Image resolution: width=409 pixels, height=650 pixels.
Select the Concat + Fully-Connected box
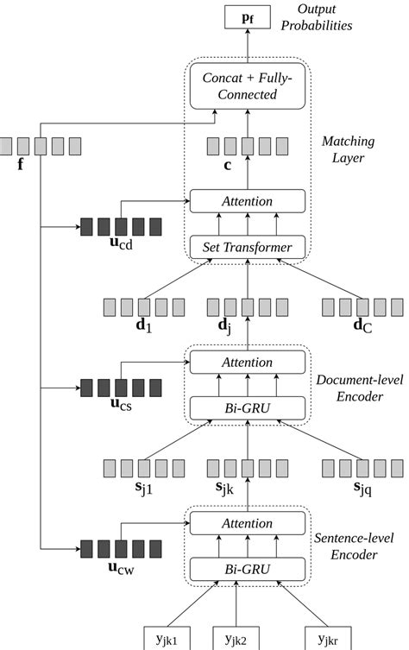247,85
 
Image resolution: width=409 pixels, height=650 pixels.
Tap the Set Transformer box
247,249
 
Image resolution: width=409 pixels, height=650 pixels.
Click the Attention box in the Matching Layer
247,201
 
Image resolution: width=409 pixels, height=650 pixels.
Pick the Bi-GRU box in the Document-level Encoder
247,407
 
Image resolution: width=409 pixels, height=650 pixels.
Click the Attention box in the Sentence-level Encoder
247,522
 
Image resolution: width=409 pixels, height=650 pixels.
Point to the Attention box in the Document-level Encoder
247,363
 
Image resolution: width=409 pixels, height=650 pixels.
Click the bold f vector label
20,161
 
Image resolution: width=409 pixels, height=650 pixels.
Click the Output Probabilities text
324,17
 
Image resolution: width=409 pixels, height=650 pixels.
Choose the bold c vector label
229,164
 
